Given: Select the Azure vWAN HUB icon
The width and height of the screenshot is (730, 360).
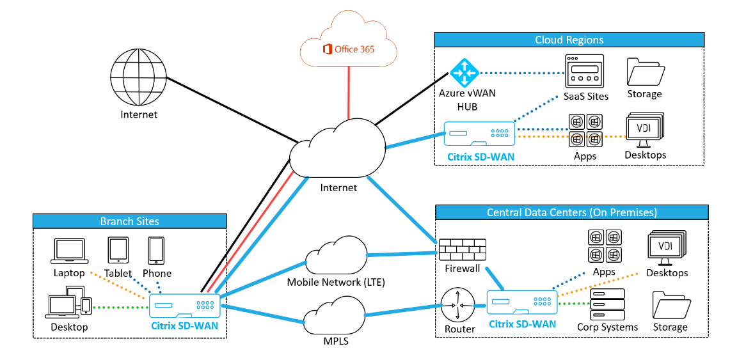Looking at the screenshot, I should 464,72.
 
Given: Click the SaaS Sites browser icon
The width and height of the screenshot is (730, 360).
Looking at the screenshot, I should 584,71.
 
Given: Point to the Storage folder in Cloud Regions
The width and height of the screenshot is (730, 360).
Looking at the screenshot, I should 644,72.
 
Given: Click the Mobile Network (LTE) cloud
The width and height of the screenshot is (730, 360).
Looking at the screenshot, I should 335,255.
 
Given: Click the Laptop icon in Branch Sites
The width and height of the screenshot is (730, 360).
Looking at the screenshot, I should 68,251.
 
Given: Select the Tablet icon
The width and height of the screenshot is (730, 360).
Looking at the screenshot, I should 118,250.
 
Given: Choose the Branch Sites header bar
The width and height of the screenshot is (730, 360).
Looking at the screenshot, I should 130,221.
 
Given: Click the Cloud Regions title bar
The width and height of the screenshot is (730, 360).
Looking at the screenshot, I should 569,40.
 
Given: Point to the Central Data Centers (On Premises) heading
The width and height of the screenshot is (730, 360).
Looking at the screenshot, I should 571,212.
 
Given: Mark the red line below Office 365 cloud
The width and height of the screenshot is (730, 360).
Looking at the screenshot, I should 349,93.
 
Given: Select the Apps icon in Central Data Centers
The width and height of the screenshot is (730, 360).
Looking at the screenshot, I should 604,246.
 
